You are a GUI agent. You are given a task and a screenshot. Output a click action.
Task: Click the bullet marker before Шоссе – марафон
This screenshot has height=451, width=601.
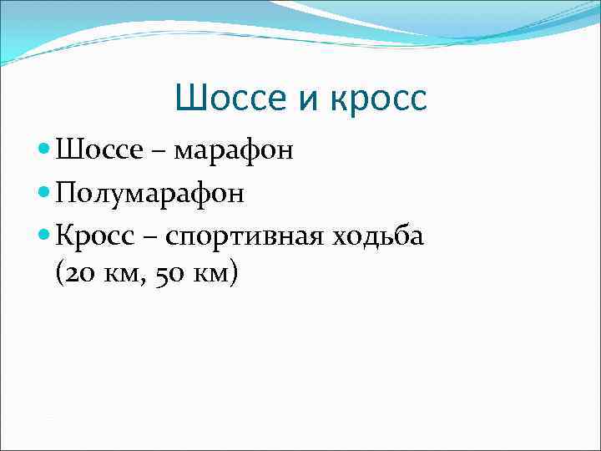click(45, 151)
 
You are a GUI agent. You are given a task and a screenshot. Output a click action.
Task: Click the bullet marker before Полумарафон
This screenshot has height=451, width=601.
click(45, 194)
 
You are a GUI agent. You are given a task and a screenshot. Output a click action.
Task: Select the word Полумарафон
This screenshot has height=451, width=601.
click(150, 195)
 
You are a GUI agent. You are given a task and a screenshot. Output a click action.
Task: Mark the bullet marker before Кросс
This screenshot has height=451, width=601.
click(45, 236)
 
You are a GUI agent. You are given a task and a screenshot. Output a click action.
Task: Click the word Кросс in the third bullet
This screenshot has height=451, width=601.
click(91, 237)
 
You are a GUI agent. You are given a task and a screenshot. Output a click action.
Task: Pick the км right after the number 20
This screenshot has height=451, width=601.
click(114, 274)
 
